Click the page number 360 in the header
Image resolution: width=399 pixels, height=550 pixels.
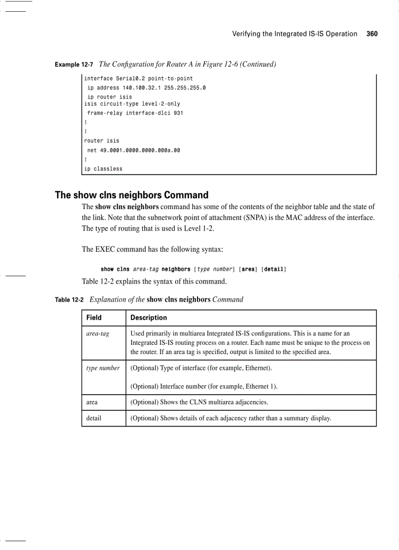[372, 34]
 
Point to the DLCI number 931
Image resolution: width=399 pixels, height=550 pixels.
[178, 113]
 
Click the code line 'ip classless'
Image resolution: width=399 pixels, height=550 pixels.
[103, 169]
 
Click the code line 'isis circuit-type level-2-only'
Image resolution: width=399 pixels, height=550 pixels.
[132, 104]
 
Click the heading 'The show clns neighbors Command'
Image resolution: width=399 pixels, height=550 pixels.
[132, 195]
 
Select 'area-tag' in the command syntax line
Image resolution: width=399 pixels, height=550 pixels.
[145, 269]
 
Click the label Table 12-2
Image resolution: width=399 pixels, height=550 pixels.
[69, 300]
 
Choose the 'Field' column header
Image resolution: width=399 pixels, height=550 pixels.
[94, 317]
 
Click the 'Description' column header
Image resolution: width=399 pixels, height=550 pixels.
[149, 317]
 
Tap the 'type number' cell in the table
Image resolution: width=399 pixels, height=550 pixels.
[103, 368]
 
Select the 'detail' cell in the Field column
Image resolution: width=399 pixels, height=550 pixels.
[94, 418]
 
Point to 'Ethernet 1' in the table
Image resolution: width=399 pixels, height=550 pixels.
[260, 386]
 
